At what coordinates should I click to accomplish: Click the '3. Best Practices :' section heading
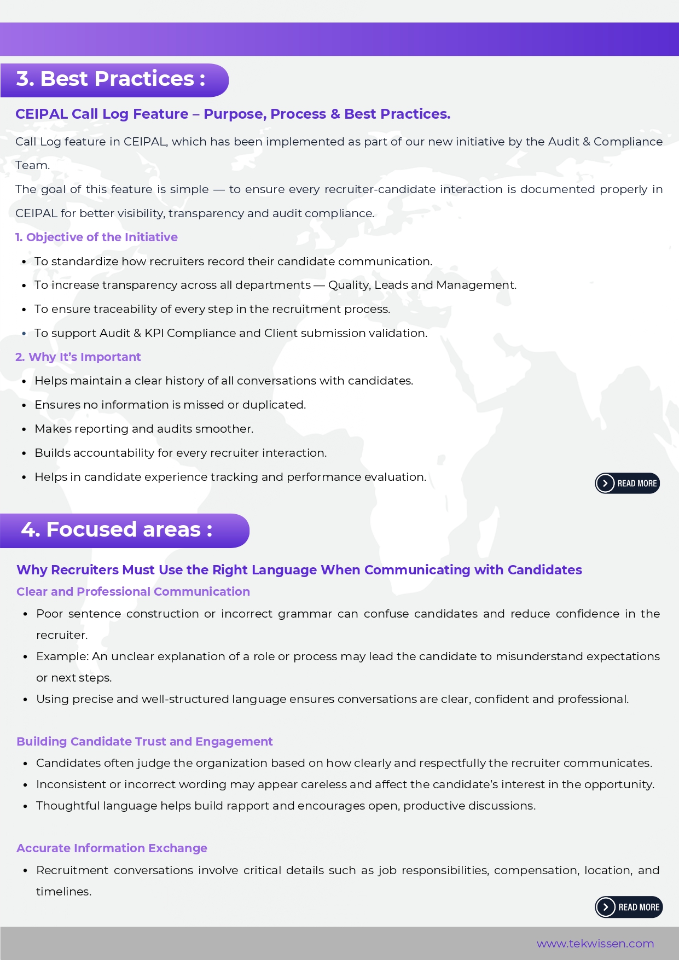[111, 79]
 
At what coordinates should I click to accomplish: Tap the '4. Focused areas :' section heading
[117, 530]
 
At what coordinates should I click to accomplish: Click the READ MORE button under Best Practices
[628, 484]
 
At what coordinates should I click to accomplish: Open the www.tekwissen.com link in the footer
[595, 944]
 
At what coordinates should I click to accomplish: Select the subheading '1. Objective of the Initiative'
[96, 237]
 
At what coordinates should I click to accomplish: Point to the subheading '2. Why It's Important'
[78, 357]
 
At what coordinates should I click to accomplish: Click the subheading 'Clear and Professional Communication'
[133, 592]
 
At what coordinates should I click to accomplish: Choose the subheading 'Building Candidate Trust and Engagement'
[144, 742]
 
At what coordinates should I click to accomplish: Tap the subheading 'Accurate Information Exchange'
[112, 848]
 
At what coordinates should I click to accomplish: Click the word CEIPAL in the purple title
[42, 114]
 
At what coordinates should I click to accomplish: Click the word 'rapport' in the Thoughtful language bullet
[247, 806]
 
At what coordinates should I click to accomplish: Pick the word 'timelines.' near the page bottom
[63, 892]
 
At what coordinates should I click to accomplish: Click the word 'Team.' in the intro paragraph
[32, 165]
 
